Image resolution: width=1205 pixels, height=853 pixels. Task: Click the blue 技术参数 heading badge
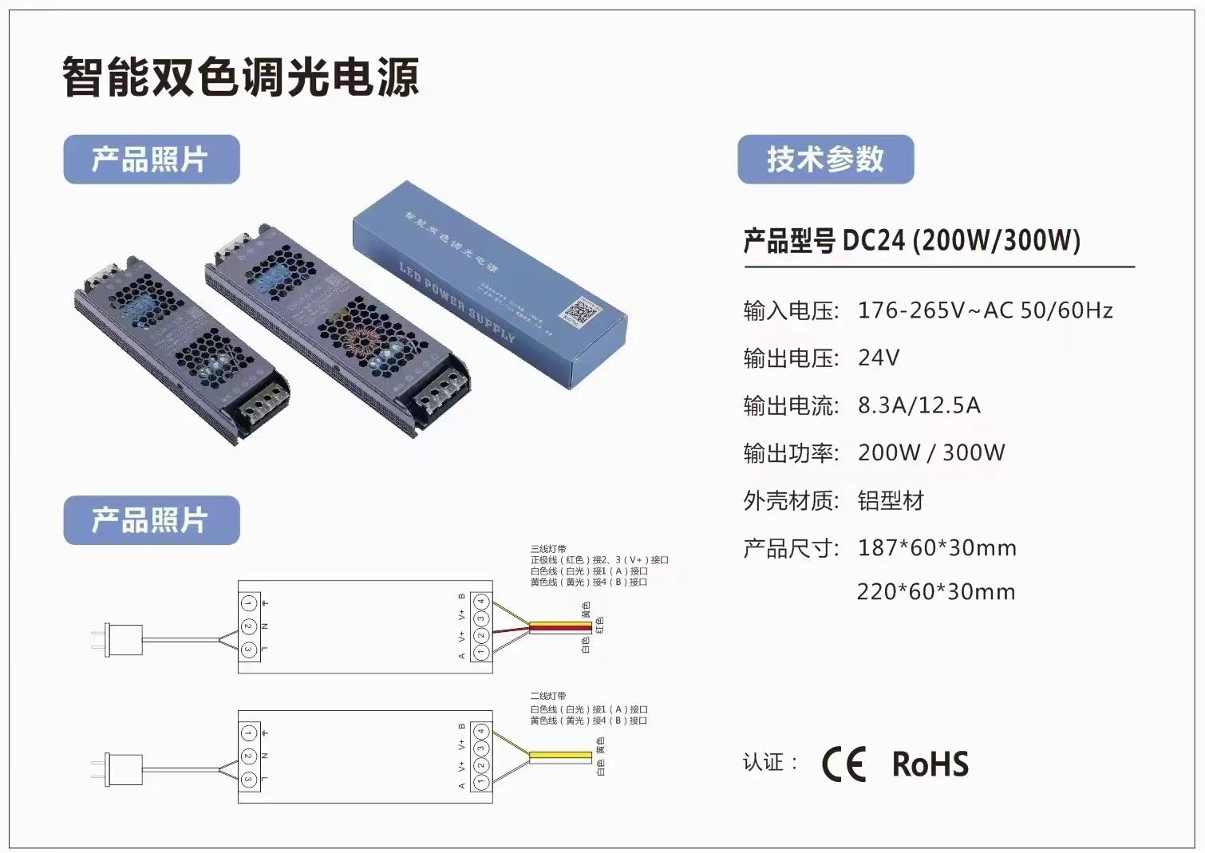coord(825,159)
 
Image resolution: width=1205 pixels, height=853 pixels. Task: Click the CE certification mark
coord(843,764)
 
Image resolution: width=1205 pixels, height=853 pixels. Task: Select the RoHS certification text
coord(930,764)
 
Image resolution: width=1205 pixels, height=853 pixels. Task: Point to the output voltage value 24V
coord(879,357)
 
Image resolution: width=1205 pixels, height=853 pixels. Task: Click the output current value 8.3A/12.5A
coord(919,405)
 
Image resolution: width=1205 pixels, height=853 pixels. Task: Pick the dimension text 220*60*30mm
coord(936,592)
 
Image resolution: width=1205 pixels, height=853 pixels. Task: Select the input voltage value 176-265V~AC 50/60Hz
coord(985,310)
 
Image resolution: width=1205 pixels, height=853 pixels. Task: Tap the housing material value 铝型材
coord(891,501)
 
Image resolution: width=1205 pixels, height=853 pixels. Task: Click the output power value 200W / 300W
coord(931,452)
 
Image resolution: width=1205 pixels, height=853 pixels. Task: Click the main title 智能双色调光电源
coord(240,77)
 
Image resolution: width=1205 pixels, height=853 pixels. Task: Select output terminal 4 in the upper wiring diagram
coord(480,602)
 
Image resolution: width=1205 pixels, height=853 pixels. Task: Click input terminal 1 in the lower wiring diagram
coord(248,733)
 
